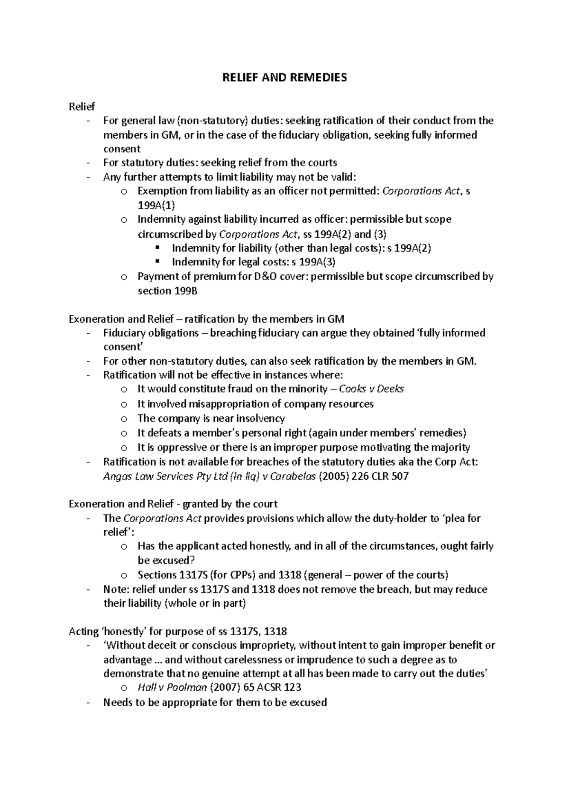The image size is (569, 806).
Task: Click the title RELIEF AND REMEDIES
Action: [x=284, y=77]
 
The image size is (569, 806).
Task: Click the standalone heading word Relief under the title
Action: [x=82, y=106]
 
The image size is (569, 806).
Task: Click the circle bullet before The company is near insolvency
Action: [x=124, y=419]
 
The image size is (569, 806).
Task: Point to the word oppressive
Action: [x=182, y=447]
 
